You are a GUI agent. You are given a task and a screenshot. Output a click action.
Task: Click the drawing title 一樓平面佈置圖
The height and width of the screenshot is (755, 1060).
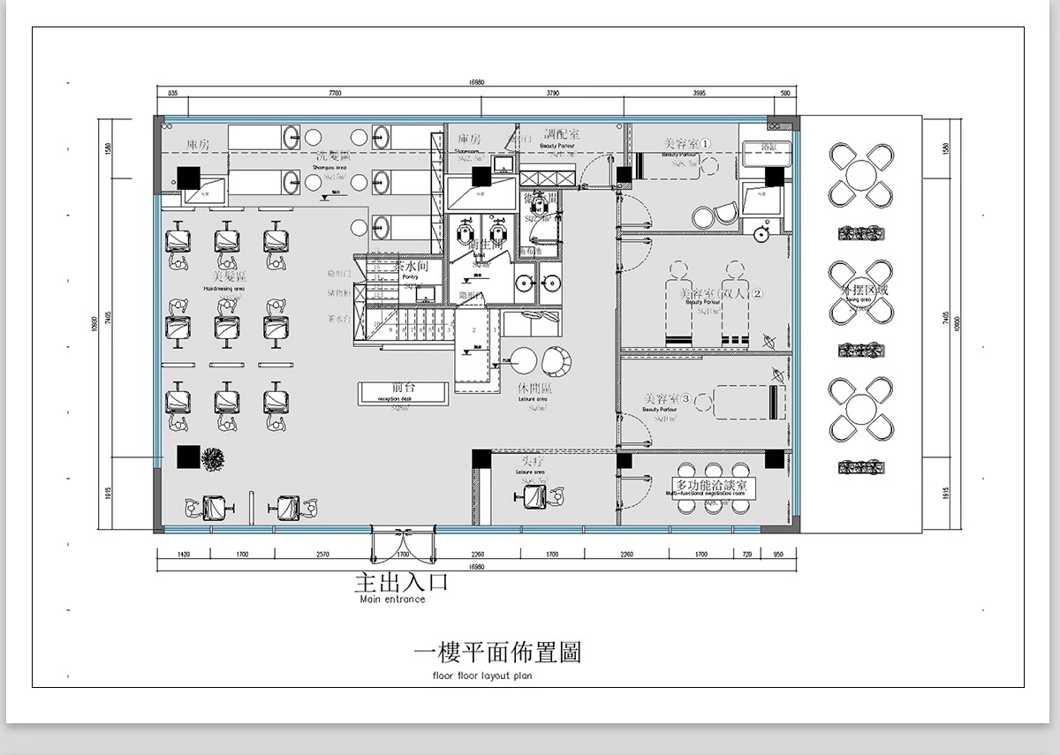click(497, 653)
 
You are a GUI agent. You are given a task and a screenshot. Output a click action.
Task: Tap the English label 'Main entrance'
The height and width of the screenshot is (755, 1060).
click(392, 600)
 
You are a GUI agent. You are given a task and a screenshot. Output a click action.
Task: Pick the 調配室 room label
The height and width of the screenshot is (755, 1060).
click(562, 135)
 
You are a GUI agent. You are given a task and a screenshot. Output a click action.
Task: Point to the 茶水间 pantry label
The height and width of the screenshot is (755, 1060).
click(411, 266)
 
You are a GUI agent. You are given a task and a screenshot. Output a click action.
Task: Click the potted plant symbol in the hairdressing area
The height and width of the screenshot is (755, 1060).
click(214, 459)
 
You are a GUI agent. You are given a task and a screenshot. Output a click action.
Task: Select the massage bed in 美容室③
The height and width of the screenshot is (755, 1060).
click(749, 402)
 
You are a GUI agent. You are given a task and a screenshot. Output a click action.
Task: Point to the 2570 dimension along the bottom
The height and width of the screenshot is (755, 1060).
click(322, 555)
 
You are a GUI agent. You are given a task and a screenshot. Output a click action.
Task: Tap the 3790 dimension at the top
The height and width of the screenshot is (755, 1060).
click(551, 92)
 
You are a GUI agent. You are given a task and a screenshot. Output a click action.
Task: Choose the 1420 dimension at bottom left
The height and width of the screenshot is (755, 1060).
click(184, 555)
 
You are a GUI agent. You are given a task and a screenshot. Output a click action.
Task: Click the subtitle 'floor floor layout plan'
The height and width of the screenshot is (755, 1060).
click(483, 676)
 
